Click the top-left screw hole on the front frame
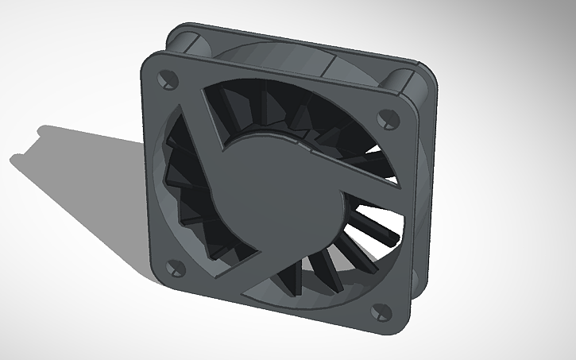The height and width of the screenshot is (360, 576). point(168,79)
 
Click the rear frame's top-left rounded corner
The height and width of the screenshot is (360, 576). point(179,36)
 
